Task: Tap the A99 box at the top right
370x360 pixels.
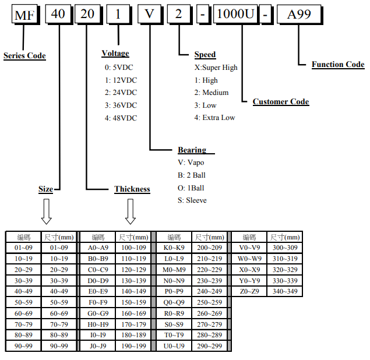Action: (x=299, y=14)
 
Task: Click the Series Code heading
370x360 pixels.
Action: (x=24, y=56)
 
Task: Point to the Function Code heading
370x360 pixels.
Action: (x=338, y=65)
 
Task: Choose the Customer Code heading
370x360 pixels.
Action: (x=281, y=102)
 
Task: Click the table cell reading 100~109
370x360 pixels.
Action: (x=133, y=248)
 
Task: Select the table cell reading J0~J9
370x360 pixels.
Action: (x=97, y=347)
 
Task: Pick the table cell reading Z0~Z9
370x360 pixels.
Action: (x=249, y=291)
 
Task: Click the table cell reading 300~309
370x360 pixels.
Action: (x=285, y=248)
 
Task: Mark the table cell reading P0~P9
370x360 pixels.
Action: (x=174, y=291)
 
